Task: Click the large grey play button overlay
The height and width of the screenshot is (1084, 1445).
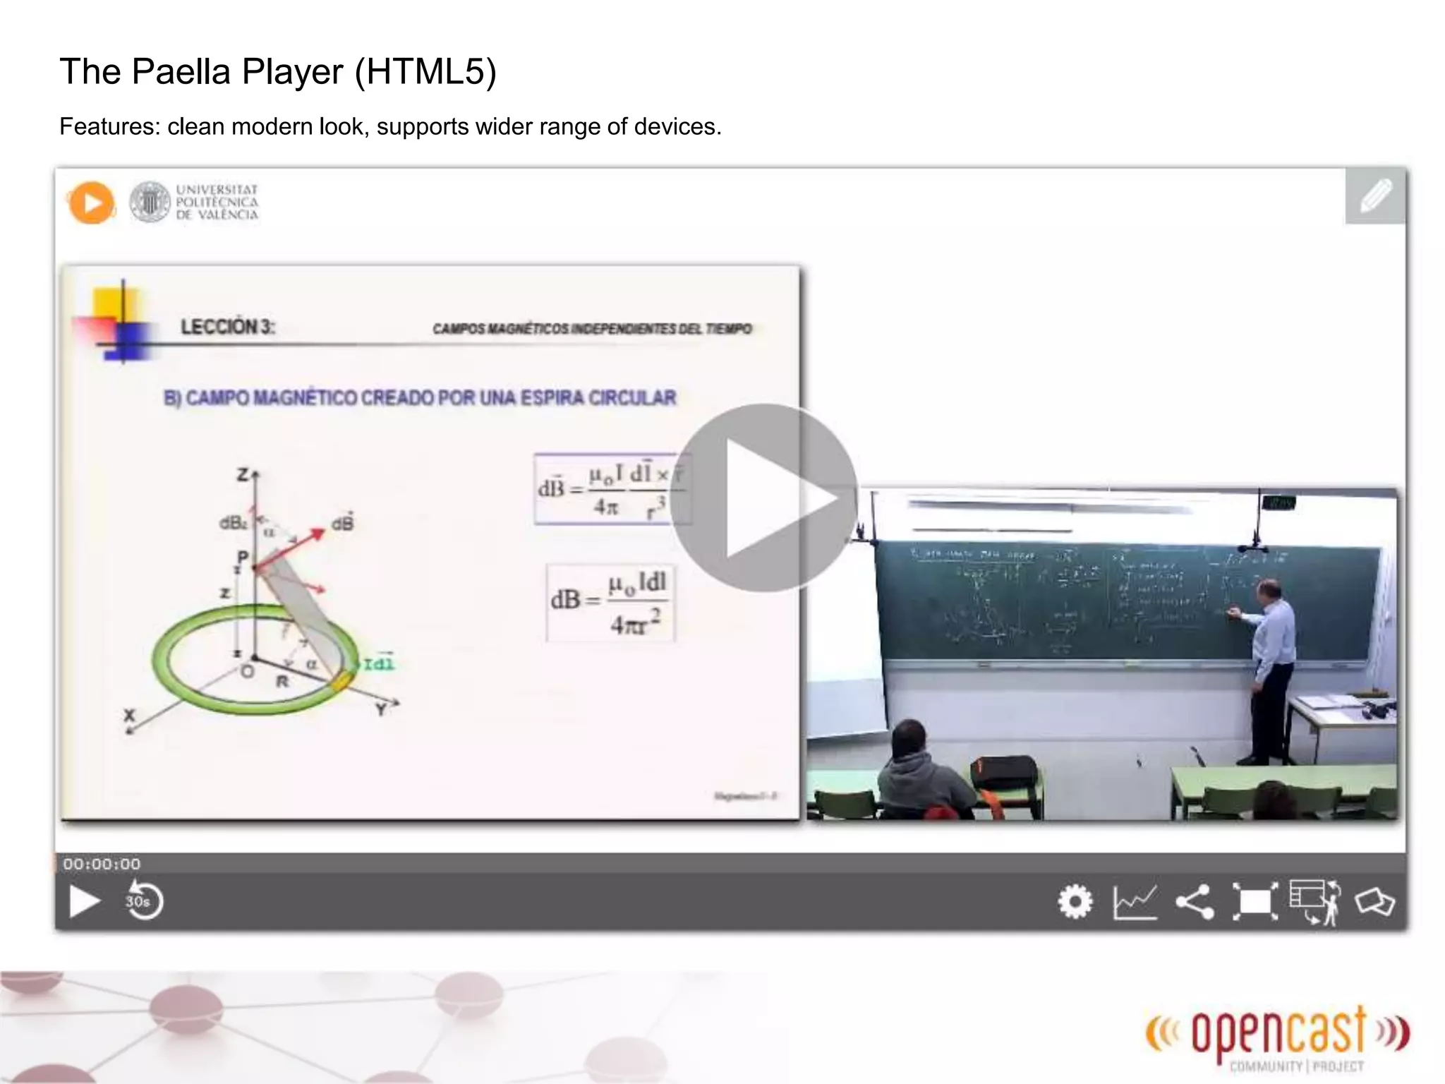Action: click(764, 498)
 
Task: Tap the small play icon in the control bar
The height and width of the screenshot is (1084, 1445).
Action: click(84, 902)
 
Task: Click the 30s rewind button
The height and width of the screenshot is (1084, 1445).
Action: click(144, 901)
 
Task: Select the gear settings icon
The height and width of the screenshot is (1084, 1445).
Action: click(1075, 901)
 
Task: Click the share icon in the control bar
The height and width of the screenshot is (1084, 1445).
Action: click(1195, 902)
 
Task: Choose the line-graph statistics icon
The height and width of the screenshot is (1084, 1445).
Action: click(1135, 902)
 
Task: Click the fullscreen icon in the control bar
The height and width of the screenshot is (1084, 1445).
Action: click(1254, 902)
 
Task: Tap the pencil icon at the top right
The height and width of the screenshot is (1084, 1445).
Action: click(1375, 196)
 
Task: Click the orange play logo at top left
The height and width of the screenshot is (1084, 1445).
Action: click(91, 203)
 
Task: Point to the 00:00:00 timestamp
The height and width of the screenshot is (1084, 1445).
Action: click(102, 864)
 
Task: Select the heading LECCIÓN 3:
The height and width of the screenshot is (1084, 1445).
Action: click(227, 327)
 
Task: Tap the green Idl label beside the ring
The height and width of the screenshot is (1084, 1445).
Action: click(378, 663)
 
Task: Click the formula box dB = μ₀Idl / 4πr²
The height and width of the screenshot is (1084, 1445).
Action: click(610, 603)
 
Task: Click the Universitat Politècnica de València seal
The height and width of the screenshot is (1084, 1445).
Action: click(150, 203)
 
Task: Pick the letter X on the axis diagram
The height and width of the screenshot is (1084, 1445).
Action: click(129, 715)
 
